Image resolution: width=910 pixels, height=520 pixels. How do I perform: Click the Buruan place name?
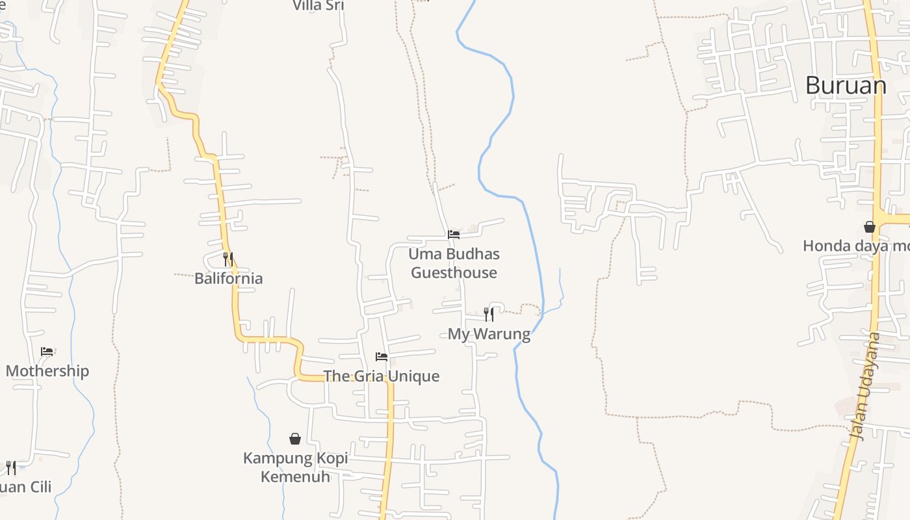tap(846, 85)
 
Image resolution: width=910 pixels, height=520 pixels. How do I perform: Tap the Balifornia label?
tap(229, 278)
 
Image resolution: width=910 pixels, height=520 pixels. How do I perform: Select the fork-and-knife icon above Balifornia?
tap(228, 259)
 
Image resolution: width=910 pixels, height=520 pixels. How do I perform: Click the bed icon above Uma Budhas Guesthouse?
tap(454, 234)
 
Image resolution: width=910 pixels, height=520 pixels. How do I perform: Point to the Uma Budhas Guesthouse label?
tap(454, 263)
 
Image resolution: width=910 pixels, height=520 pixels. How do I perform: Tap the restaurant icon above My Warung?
tap(489, 315)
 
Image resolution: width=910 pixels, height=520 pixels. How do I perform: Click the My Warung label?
tap(489, 334)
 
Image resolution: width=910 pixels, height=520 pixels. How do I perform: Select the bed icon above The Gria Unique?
tap(382, 357)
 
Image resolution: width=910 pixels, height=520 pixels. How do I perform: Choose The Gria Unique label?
tap(382, 376)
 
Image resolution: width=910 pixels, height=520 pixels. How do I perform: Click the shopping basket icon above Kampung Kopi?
tap(295, 439)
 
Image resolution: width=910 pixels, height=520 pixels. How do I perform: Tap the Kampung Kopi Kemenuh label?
tap(296, 467)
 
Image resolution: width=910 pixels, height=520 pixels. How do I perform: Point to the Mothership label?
tap(47, 371)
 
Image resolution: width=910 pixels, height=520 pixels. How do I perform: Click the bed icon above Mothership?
tap(47, 352)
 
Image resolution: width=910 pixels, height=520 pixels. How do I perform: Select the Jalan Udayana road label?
tap(866, 387)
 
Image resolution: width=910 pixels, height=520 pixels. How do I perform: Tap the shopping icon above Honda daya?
tap(870, 227)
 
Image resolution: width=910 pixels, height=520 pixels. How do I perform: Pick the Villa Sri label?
tap(318, 6)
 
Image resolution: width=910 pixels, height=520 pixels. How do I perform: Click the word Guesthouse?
tap(454, 273)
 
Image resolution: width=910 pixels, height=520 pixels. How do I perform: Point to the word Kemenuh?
tap(296, 476)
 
